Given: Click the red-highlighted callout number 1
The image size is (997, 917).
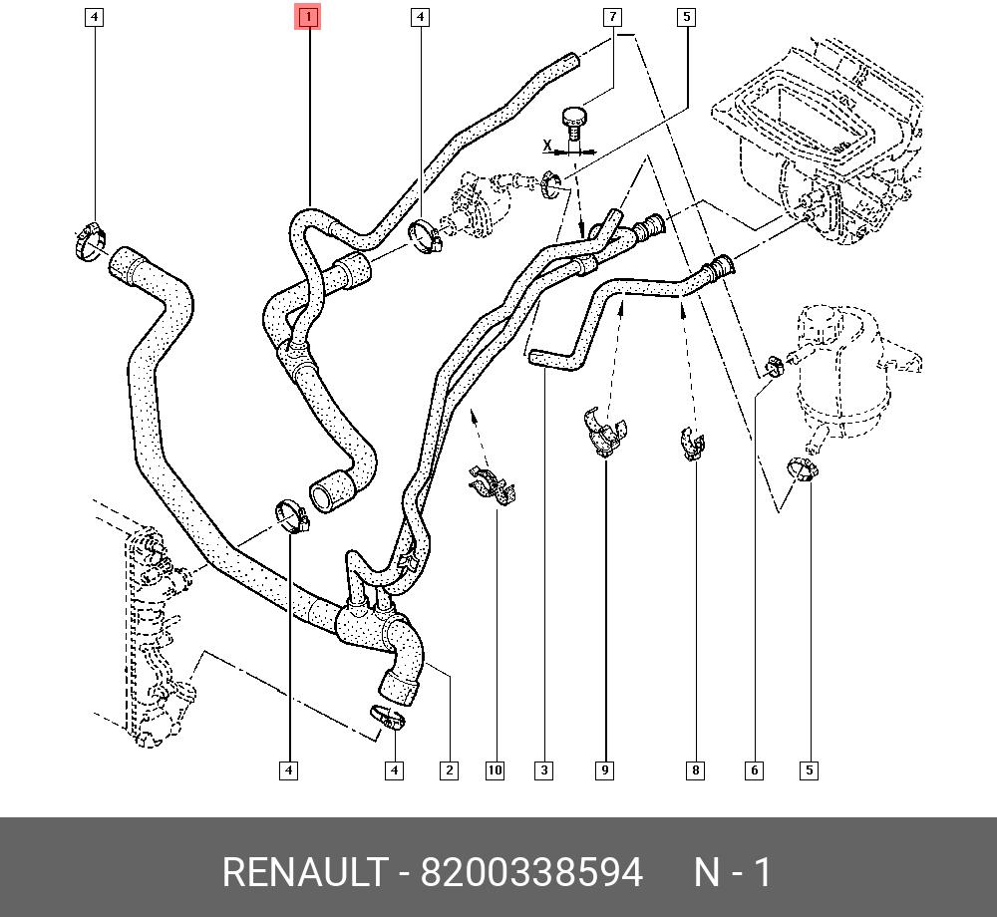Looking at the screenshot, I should (308, 17).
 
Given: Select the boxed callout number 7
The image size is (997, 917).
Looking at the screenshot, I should (612, 17).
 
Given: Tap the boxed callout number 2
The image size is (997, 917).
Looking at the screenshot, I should (450, 769).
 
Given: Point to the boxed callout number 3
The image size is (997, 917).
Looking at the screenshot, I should (543, 769).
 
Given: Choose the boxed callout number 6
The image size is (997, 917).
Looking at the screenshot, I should (755, 769).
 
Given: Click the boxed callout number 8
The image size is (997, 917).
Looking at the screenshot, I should (695, 769).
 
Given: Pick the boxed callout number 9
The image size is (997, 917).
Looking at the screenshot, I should (605, 769).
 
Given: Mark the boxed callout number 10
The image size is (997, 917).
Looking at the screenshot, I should (496, 769).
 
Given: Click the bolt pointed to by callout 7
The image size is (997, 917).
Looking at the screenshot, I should (575, 124).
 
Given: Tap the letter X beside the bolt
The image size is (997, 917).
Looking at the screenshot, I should (546, 146).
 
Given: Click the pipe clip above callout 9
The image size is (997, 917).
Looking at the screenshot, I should (604, 432).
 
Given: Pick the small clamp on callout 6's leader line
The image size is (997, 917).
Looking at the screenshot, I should (774, 367).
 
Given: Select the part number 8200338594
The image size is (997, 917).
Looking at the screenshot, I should (531, 873).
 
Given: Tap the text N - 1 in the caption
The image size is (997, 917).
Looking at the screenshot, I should (733, 873).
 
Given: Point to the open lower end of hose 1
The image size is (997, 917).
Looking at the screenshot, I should (331, 491).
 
